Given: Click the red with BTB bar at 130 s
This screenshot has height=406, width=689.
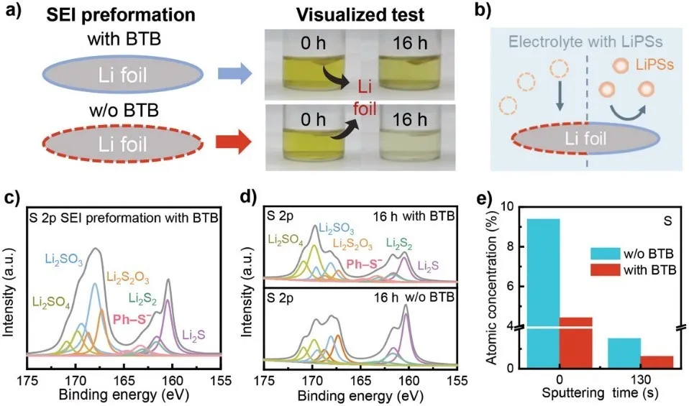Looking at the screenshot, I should pyautogui.click(x=656, y=361).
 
